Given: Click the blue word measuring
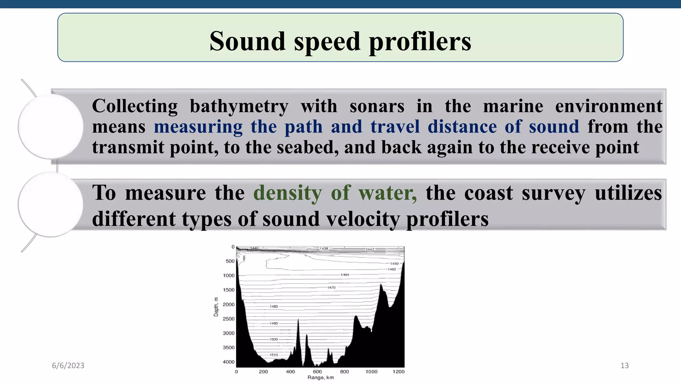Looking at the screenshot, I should click(198, 127).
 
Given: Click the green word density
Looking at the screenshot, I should click(287, 192).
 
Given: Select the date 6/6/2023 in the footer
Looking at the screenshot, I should click(68, 365).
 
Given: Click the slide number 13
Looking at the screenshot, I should click(624, 365).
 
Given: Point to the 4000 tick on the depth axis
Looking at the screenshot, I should click(228, 362).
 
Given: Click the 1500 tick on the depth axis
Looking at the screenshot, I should click(228, 290).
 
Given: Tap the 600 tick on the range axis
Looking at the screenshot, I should click(317, 371).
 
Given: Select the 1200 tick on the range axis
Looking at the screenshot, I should click(398, 371).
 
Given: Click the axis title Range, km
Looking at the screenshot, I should click(321, 378).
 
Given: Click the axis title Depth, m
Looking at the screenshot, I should click(216, 307).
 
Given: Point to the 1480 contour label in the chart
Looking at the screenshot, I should click(274, 306).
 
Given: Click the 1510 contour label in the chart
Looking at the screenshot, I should click(274, 355).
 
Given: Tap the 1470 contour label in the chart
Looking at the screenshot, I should click(331, 287).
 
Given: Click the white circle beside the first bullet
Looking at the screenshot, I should click(51, 126).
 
